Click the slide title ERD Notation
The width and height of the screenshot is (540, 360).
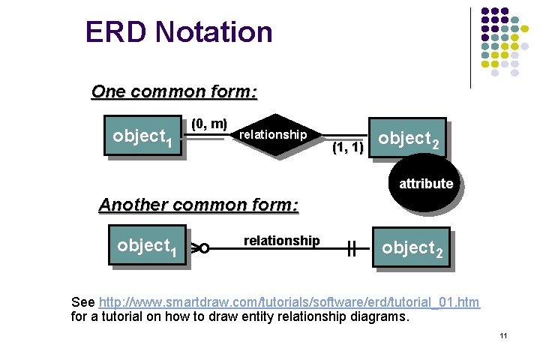point(178,32)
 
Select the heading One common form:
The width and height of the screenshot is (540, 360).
point(174,92)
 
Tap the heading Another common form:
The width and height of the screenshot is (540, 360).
point(199,205)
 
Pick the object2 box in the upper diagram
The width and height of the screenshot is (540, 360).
point(409,139)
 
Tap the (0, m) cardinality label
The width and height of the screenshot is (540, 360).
point(209,123)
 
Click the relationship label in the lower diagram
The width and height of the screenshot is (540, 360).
point(281,241)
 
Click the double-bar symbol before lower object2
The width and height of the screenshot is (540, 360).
point(350,247)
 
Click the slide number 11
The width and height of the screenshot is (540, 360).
point(504,335)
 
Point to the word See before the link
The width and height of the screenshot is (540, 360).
point(82,302)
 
